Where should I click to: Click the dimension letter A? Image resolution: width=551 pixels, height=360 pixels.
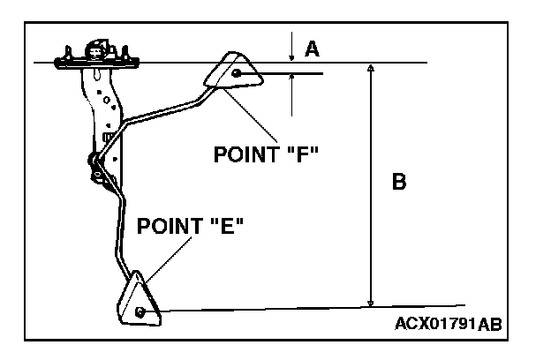point(311,49)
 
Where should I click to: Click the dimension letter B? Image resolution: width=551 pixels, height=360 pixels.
point(398,183)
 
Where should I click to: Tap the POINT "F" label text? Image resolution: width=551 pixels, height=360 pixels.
point(266,154)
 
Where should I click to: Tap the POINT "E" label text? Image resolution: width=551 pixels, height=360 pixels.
point(190,226)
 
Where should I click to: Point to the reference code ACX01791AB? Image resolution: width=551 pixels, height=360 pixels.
point(449,324)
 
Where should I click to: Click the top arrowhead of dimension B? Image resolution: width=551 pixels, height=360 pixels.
point(371,69)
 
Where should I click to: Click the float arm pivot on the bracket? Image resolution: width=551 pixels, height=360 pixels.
point(94,161)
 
